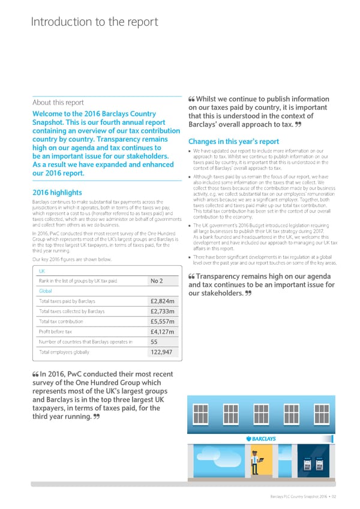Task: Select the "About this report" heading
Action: [x=58, y=102]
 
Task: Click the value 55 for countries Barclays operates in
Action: [x=155, y=342]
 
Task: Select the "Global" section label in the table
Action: [x=46, y=291]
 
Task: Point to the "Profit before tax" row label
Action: [x=55, y=331]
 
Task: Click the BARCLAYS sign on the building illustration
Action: [x=260, y=439]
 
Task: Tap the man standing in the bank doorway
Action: [x=254, y=461]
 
